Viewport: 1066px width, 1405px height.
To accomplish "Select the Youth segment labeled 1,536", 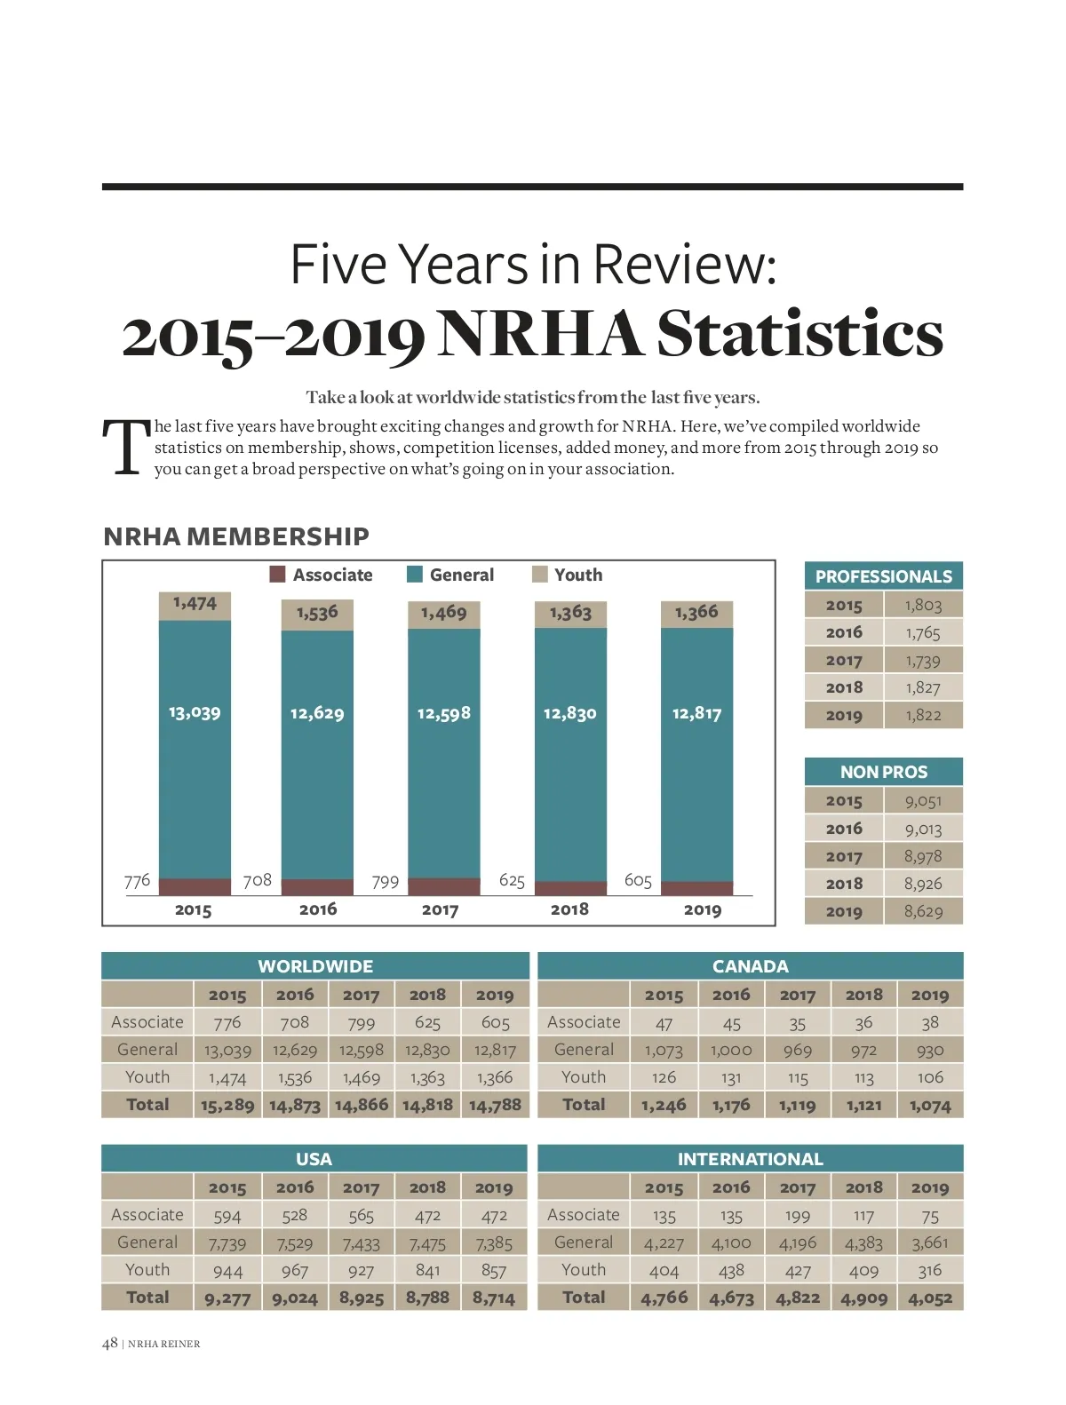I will click(317, 613).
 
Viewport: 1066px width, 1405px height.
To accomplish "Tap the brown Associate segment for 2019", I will click(697, 888).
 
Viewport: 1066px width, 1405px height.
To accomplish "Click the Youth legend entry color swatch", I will click(539, 575).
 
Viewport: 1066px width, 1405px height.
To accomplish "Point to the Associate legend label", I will click(332, 575).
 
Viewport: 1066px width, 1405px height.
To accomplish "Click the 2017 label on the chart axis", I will click(440, 909).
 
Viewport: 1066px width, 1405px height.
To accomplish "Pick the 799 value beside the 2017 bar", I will click(385, 881).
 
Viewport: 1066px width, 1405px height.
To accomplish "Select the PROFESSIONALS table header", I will click(883, 576).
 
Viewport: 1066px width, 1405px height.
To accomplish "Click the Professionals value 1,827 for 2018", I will click(923, 687).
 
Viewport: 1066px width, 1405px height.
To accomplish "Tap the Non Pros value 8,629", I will click(923, 911).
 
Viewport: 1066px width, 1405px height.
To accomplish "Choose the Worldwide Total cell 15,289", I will click(227, 1105).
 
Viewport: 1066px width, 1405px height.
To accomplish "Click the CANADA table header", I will click(750, 966).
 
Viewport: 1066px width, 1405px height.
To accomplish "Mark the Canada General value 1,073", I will click(664, 1050).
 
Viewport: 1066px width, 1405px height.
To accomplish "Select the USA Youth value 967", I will click(294, 1270).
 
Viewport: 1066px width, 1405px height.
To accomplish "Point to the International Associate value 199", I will click(797, 1215).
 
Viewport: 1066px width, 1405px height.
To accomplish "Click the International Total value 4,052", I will click(929, 1298).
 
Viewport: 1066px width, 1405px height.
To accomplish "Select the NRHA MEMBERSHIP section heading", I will click(236, 536).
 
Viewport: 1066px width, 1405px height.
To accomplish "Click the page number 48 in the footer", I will click(110, 1343).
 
